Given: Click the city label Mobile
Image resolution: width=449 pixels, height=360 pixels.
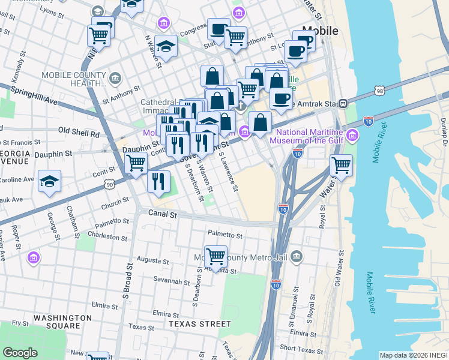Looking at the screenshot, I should click(320, 31).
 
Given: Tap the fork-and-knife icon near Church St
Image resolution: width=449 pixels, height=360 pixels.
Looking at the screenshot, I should click(158, 181).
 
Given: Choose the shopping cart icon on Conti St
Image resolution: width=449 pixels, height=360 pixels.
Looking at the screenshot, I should click(136, 162).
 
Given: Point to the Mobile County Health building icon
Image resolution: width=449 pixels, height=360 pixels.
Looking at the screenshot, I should click(115, 77).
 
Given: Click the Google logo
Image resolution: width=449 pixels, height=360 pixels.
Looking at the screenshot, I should click(20, 353).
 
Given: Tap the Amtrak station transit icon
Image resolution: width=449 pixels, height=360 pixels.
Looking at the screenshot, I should click(343, 103).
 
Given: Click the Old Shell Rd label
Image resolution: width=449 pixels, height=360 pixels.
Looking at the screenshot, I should click(78, 132).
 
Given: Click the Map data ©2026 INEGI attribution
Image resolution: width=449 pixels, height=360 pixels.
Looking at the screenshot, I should click(413, 355).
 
